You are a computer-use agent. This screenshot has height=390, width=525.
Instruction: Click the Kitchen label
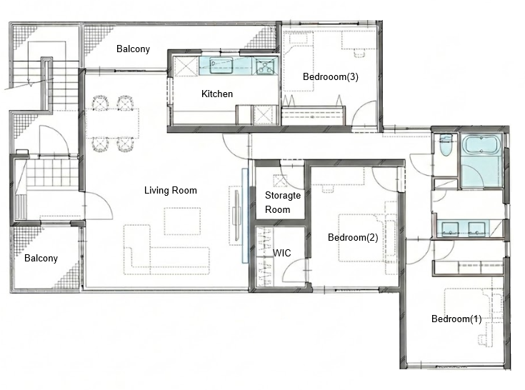point(217,94)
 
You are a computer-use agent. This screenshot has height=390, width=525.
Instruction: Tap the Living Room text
point(171,190)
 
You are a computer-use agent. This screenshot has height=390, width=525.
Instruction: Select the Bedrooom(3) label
point(331,76)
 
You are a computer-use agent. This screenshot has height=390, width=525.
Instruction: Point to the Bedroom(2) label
point(353,237)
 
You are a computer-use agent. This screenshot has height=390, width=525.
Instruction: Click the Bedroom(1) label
point(456,319)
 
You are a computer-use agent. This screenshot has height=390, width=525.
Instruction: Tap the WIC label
point(282,253)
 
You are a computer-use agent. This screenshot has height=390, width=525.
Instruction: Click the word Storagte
point(283,195)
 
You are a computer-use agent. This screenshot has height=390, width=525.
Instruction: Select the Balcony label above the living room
point(133,49)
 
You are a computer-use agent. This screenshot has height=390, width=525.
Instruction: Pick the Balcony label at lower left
point(41,258)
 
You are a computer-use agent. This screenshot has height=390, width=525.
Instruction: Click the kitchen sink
point(221,65)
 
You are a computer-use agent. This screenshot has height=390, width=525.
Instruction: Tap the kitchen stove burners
point(265,66)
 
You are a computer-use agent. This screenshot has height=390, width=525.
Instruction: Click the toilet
point(446,145)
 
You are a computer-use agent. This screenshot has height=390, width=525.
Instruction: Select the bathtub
point(481,145)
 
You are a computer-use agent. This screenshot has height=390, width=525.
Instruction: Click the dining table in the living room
point(112,123)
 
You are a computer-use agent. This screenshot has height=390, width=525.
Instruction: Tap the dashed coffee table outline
point(182,221)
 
